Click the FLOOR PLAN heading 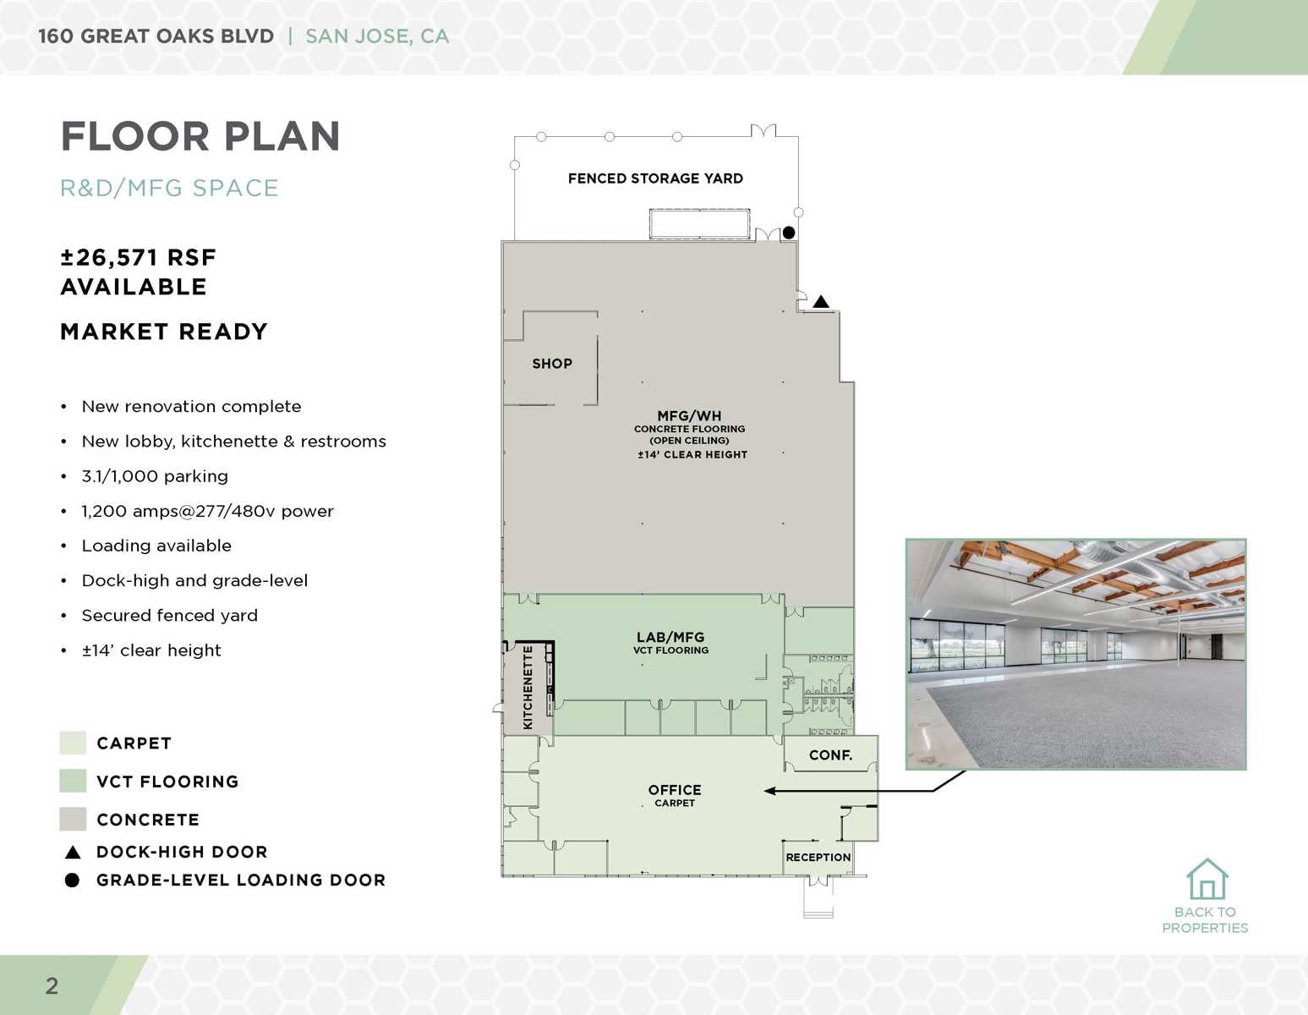[200, 137]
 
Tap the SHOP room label [552, 364]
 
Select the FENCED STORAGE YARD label [655, 178]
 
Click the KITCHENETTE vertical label [528, 687]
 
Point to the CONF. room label [830, 755]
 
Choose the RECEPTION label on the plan [818, 857]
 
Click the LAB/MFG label [670, 638]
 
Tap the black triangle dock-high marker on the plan [821, 301]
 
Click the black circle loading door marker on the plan [789, 233]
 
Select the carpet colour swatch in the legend [73, 743]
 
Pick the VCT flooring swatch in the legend [73, 781]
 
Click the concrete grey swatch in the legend [73, 819]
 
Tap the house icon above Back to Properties [1207, 880]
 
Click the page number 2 [52, 985]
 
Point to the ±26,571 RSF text [139, 257]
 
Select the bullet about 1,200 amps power [207, 511]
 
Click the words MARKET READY [164, 332]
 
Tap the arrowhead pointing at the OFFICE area [769, 791]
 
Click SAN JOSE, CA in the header [377, 36]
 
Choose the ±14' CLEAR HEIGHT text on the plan [692, 454]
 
